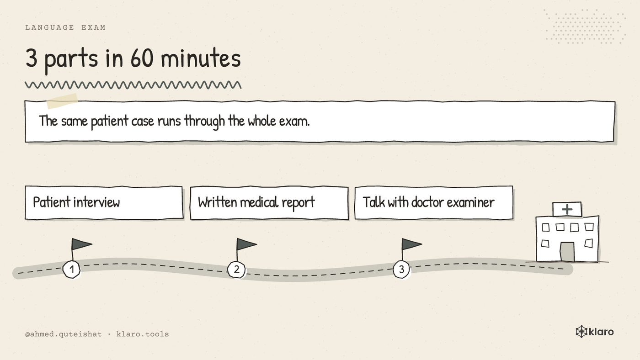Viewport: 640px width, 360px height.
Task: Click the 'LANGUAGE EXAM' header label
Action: tap(65, 28)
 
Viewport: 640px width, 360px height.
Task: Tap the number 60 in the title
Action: tap(142, 58)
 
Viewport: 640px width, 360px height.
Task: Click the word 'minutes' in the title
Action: tap(201, 58)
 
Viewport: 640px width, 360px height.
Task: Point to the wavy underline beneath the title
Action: tap(133, 85)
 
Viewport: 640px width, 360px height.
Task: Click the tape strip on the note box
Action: tap(62, 101)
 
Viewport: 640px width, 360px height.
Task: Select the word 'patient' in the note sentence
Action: tap(109, 122)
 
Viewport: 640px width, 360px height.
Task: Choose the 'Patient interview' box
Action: tap(104, 203)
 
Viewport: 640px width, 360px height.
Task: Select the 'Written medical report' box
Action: tap(269, 203)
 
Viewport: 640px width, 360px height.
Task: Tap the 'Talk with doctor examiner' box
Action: tap(434, 203)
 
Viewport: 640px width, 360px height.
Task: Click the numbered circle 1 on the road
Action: tap(71, 269)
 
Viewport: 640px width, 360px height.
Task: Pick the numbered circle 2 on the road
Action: tap(236, 270)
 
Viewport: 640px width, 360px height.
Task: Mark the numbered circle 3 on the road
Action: tap(401, 269)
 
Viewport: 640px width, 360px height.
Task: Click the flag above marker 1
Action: tap(81, 244)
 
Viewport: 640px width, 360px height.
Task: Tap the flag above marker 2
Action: tap(246, 244)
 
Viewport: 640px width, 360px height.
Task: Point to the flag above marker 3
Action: tap(411, 244)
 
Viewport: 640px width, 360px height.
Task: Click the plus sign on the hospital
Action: tap(567, 210)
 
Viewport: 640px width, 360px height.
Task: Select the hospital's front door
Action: tap(567, 252)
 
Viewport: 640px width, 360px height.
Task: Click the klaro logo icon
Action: tap(581, 332)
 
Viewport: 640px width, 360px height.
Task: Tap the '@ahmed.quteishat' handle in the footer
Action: tap(63, 334)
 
